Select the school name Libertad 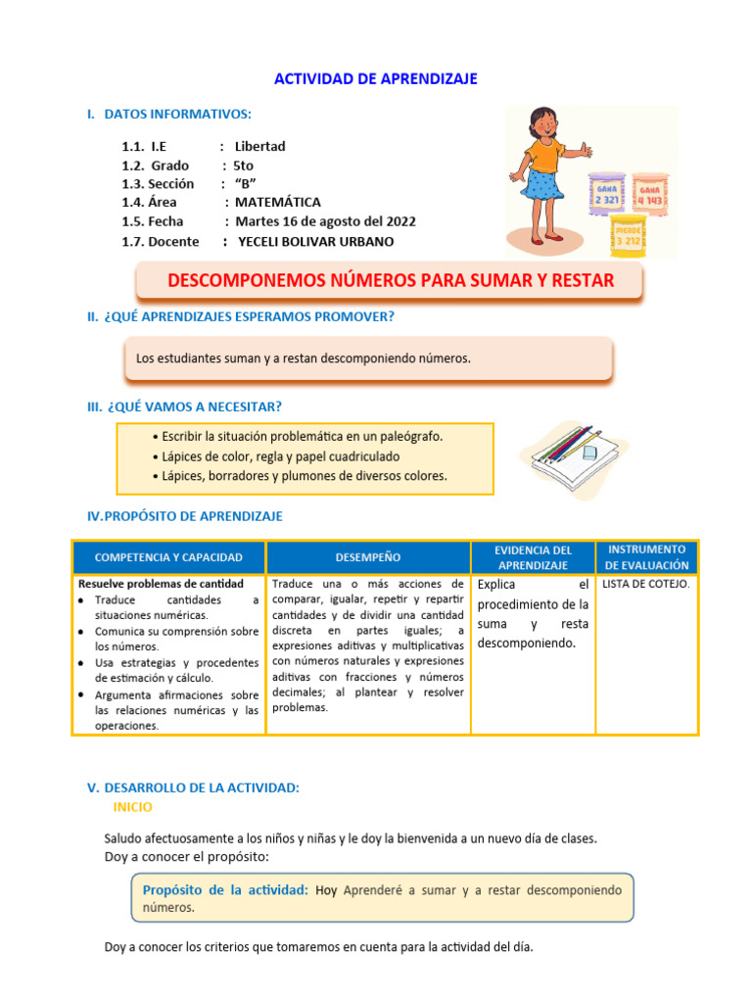[259, 147]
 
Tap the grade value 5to [243, 166]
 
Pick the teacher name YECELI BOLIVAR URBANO [318, 241]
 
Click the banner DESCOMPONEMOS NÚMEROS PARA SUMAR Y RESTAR [390, 281]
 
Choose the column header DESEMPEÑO [367, 557]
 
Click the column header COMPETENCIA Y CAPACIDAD [167, 557]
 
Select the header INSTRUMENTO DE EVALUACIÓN [646, 556]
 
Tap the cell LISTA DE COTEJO [645, 584]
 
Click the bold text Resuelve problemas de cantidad [161, 584]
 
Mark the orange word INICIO [132, 807]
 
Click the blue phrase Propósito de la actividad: [225, 889]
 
